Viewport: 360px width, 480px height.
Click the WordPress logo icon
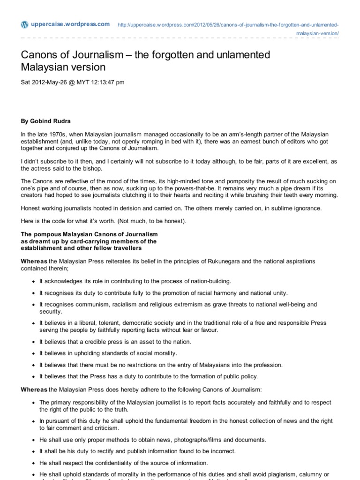[x=25, y=24]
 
